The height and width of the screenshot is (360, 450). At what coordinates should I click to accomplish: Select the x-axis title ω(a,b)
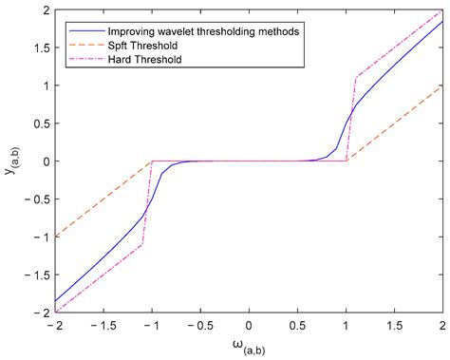(x=249, y=346)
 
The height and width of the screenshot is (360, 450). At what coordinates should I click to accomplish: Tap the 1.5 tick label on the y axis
(x=38, y=47)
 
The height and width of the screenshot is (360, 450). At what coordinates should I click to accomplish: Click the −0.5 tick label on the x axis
(x=198, y=325)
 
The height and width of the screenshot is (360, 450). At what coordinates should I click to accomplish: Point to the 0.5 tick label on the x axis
(x=298, y=325)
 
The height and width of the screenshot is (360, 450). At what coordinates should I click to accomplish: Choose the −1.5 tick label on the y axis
(x=35, y=275)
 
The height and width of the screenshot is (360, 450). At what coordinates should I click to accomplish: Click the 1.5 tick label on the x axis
(x=395, y=325)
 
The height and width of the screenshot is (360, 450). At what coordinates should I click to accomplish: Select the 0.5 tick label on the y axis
(x=38, y=123)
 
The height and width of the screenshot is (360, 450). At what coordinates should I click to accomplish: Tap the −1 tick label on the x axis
(x=150, y=325)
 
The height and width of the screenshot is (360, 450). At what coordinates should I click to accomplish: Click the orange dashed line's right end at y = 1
(x=443, y=85)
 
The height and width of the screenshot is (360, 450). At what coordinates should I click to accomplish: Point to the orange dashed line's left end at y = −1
(x=55, y=237)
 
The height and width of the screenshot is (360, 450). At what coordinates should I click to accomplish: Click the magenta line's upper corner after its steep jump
(x=356, y=78)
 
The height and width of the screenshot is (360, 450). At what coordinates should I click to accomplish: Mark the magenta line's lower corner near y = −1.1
(x=142, y=245)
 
